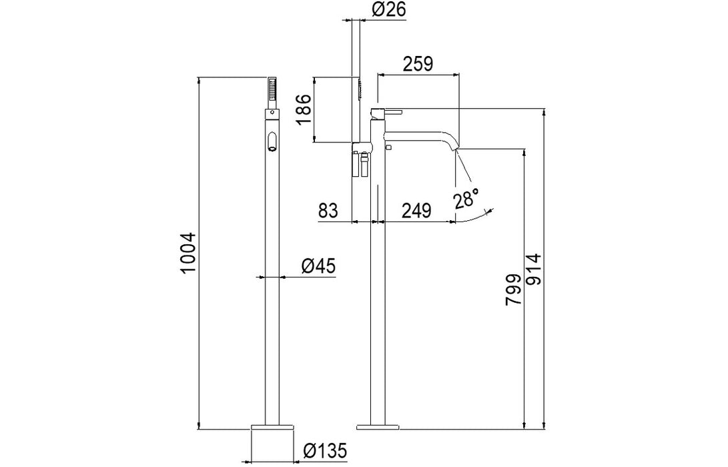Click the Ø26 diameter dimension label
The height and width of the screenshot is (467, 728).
(389, 9)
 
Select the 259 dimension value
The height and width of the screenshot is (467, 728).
(418, 63)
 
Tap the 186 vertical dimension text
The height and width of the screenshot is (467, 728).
(304, 109)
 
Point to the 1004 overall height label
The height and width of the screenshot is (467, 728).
(189, 254)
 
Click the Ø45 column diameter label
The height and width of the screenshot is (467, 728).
(318, 266)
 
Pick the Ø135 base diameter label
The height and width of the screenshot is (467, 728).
(326, 450)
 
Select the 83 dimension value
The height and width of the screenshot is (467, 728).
(329, 211)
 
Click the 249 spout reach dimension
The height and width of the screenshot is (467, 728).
(416, 211)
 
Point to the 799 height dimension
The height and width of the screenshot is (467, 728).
(514, 290)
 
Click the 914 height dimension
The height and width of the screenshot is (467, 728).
(533, 269)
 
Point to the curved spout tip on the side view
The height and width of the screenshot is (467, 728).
(454, 144)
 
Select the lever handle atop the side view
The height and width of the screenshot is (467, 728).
(386, 112)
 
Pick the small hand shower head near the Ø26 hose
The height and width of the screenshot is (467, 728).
(359, 88)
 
